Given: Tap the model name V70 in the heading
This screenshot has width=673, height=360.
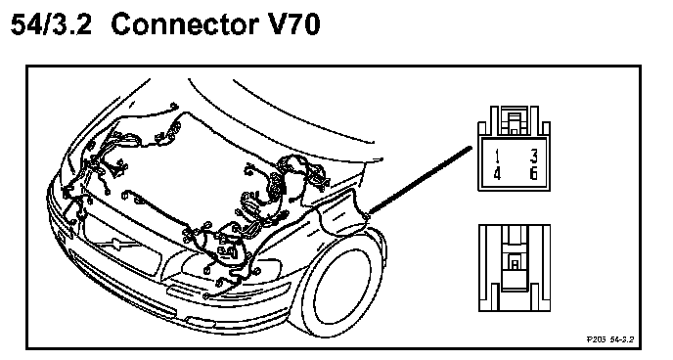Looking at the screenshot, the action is click(292, 23).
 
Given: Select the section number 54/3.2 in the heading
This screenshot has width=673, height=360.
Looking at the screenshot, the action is click(51, 24).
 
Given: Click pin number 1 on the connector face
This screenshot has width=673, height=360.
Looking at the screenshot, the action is click(497, 157).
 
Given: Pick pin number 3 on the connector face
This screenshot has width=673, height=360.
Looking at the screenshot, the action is click(533, 157).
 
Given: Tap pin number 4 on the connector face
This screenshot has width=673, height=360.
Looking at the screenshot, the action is click(497, 174).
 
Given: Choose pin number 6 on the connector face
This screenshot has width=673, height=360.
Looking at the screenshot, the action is click(533, 174).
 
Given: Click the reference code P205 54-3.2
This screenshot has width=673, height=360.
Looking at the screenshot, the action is click(610, 339).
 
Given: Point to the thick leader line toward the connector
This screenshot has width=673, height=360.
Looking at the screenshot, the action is click(420, 180).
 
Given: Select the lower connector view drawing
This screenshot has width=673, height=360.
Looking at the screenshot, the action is click(515, 268).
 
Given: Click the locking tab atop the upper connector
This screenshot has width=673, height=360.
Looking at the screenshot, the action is click(515, 120).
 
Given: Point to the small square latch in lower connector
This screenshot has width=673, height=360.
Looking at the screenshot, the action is click(515, 263).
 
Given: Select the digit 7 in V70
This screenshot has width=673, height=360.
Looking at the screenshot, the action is click(292, 24).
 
